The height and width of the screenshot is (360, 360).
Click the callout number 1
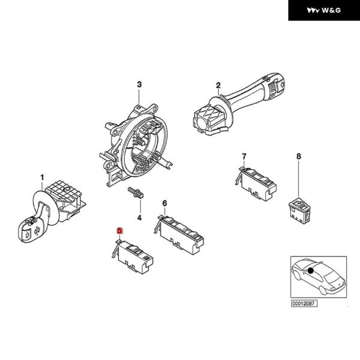pos(43,177)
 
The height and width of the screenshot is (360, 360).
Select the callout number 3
pos(139,84)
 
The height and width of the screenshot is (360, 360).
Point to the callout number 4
pos(139,217)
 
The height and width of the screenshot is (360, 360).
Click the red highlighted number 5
pos(119,230)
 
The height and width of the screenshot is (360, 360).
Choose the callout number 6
pos(164,204)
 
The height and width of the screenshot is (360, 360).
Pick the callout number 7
pos(244,157)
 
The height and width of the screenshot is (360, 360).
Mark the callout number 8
pos(298,157)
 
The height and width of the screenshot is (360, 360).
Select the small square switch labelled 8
pos(298,206)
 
